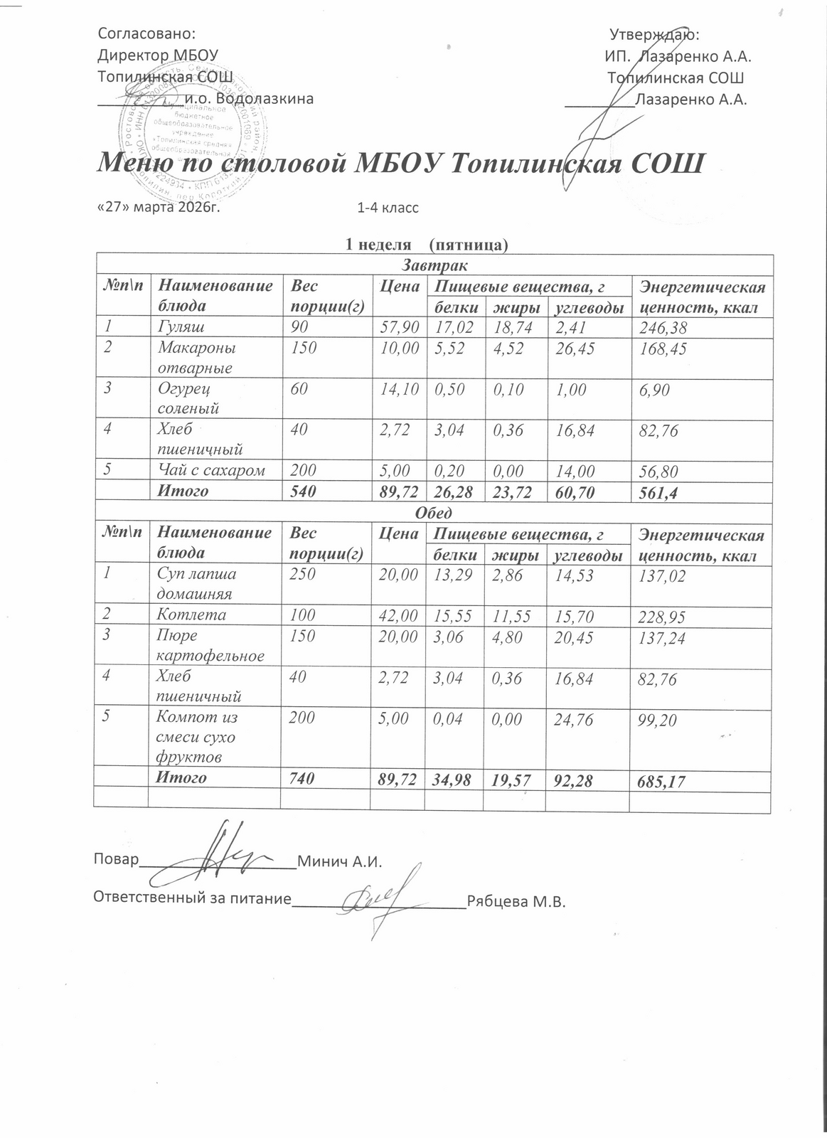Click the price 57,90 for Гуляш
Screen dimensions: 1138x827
[x=399, y=328]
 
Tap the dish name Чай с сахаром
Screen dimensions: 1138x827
[x=211, y=470]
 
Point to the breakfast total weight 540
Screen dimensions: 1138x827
[x=302, y=491]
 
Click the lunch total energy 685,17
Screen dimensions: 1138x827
[x=662, y=781]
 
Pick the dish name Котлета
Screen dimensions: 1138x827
[x=191, y=615]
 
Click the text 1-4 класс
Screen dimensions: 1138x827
[x=388, y=208]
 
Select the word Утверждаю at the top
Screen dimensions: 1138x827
[x=654, y=34]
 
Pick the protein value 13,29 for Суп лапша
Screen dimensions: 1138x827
[x=452, y=574]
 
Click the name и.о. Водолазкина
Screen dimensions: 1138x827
[x=249, y=99]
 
